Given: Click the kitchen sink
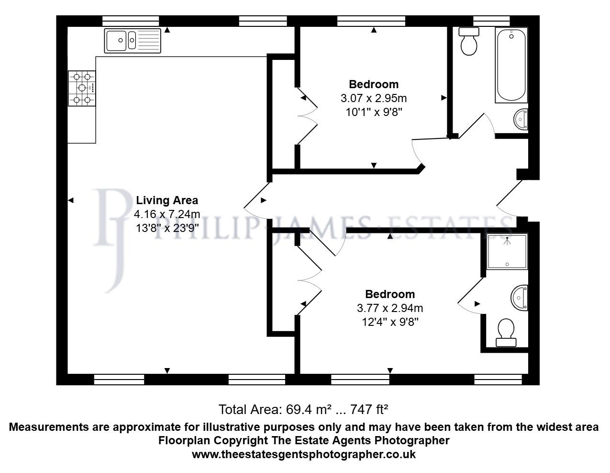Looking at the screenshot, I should point(133,40).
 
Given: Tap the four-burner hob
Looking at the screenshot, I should point(82,88).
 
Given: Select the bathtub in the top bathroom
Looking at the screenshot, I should point(511,66).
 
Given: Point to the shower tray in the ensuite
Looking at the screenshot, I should point(507,252).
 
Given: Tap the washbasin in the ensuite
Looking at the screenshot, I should point(520,298).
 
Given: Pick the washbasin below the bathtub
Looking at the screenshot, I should point(521,118).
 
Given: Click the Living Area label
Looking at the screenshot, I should point(167,200).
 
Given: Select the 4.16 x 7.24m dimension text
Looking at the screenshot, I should point(167,214).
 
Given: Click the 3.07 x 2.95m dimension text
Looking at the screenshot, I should point(374,98).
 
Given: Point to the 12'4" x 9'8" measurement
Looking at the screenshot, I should point(390,322).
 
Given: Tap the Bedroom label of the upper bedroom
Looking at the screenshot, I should point(374,84).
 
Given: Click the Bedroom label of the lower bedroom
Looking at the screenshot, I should point(390,294).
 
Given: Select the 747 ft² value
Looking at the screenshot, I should point(369,410).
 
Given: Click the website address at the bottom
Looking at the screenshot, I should point(304,454).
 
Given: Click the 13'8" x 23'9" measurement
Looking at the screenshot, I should point(167,228).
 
